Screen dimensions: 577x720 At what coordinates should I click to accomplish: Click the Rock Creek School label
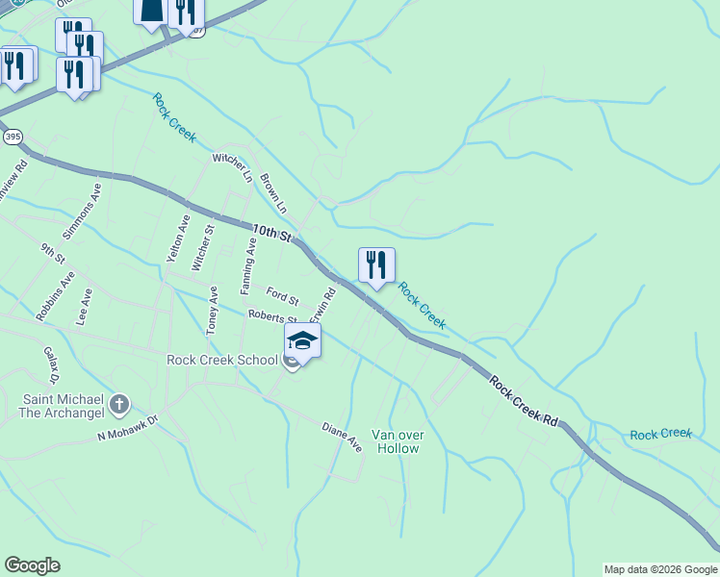[x=222, y=360]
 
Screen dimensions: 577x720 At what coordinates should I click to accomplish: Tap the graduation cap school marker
[x=302, y=342]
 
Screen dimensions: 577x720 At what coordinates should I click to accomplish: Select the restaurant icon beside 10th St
[x=376, y=265]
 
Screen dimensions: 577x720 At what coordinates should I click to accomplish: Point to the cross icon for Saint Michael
[x=119, y=404]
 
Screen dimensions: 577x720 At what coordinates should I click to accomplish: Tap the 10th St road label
[x=271, y=233]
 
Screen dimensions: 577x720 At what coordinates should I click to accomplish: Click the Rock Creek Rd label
[x=523, y=401]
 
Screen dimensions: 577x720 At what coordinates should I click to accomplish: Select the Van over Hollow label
[x=398, y=441]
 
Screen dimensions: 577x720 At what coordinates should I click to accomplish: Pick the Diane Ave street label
[x=342, y=438]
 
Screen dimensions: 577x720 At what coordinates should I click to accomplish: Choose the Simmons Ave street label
[x=82, y=213]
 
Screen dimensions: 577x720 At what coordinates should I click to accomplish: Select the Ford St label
[x=283, y=295]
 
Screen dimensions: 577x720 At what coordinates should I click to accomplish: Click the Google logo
[x=32, y=565]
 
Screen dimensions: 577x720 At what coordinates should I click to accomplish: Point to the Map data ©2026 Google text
[x=659, y=569]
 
